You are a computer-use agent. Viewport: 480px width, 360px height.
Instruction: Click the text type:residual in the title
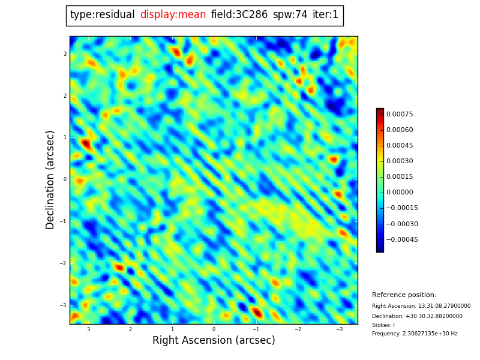click(x=102, y=15)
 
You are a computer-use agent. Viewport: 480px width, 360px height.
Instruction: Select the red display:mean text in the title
click(x=173, y=15)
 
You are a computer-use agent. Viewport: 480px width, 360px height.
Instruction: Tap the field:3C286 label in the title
click(x=239, y=15)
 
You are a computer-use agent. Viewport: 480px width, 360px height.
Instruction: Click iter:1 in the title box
click(x=325, y=15)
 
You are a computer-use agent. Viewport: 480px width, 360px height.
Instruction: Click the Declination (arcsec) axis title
click(x=50, y=179)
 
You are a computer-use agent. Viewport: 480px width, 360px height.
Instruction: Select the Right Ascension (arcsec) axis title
click(x=214, y=341)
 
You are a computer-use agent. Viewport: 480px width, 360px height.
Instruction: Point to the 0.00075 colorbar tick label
click(x=400, y=114)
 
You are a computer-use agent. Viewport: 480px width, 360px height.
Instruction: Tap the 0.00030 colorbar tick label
click(x=400, y=161)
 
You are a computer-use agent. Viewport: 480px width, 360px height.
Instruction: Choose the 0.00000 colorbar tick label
click(x=400, y=193)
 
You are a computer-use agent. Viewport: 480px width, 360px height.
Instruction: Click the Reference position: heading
click(x=404, y=295)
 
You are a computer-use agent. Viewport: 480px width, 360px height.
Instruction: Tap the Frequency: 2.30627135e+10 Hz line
click(x=415, y=334)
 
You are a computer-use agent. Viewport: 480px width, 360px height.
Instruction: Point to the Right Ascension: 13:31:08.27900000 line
click(x=421, y=306)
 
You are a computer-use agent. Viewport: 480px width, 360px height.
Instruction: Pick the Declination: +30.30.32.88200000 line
click(x=417, y=316)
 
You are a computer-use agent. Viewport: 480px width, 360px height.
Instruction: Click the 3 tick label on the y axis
click(x=65, y=54)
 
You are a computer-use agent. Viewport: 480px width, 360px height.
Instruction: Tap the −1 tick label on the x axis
click(x=256, y=329)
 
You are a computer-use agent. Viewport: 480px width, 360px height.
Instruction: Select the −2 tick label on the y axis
click(x=63, y=263)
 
